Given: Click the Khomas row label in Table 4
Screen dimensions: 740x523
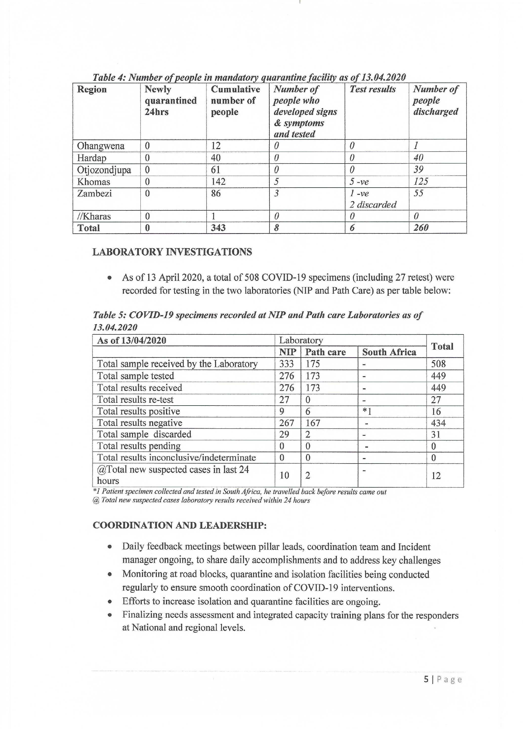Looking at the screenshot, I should [93, 182].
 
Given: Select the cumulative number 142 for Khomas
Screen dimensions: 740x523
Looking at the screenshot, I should [218, 182].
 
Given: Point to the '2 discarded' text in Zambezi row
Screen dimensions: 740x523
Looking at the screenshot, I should [373, 205].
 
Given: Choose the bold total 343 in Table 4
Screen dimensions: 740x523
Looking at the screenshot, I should [218, 228].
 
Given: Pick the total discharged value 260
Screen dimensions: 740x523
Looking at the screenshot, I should [421, 228].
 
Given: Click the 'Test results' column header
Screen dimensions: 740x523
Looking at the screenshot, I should [373, 89].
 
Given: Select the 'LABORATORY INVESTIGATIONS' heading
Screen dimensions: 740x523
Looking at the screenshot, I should [172, 252].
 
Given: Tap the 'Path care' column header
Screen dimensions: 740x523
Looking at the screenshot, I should [325, 352].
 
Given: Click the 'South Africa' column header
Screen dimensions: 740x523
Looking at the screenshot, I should [389, 352].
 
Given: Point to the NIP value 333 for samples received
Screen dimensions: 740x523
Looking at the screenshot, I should [286, 364].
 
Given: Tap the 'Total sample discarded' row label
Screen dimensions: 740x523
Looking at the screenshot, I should [144, 434].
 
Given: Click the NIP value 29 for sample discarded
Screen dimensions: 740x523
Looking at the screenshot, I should [284, 434].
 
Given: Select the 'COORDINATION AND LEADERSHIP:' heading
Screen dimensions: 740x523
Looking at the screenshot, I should [179, 525].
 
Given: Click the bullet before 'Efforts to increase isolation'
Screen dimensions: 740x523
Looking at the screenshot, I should [110, 602].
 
